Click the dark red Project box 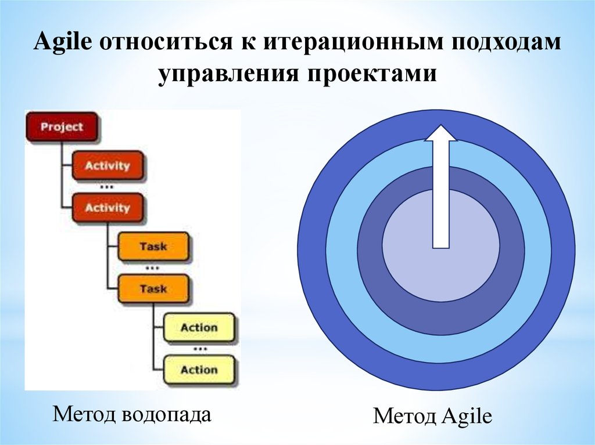point(62,126)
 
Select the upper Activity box point(107,166)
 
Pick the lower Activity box point(107,208)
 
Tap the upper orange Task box point(153,247)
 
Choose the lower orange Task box point(153,289)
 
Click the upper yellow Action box point(199,327)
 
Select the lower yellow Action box point(199,370)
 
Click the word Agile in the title point(63,42)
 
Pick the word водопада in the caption point(166,414)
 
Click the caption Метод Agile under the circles point(432,416)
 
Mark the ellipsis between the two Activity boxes point(106,187)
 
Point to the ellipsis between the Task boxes point(152,268)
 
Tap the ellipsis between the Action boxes point(200,348)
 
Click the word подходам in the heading point(506,43)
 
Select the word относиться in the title point(166,42)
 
